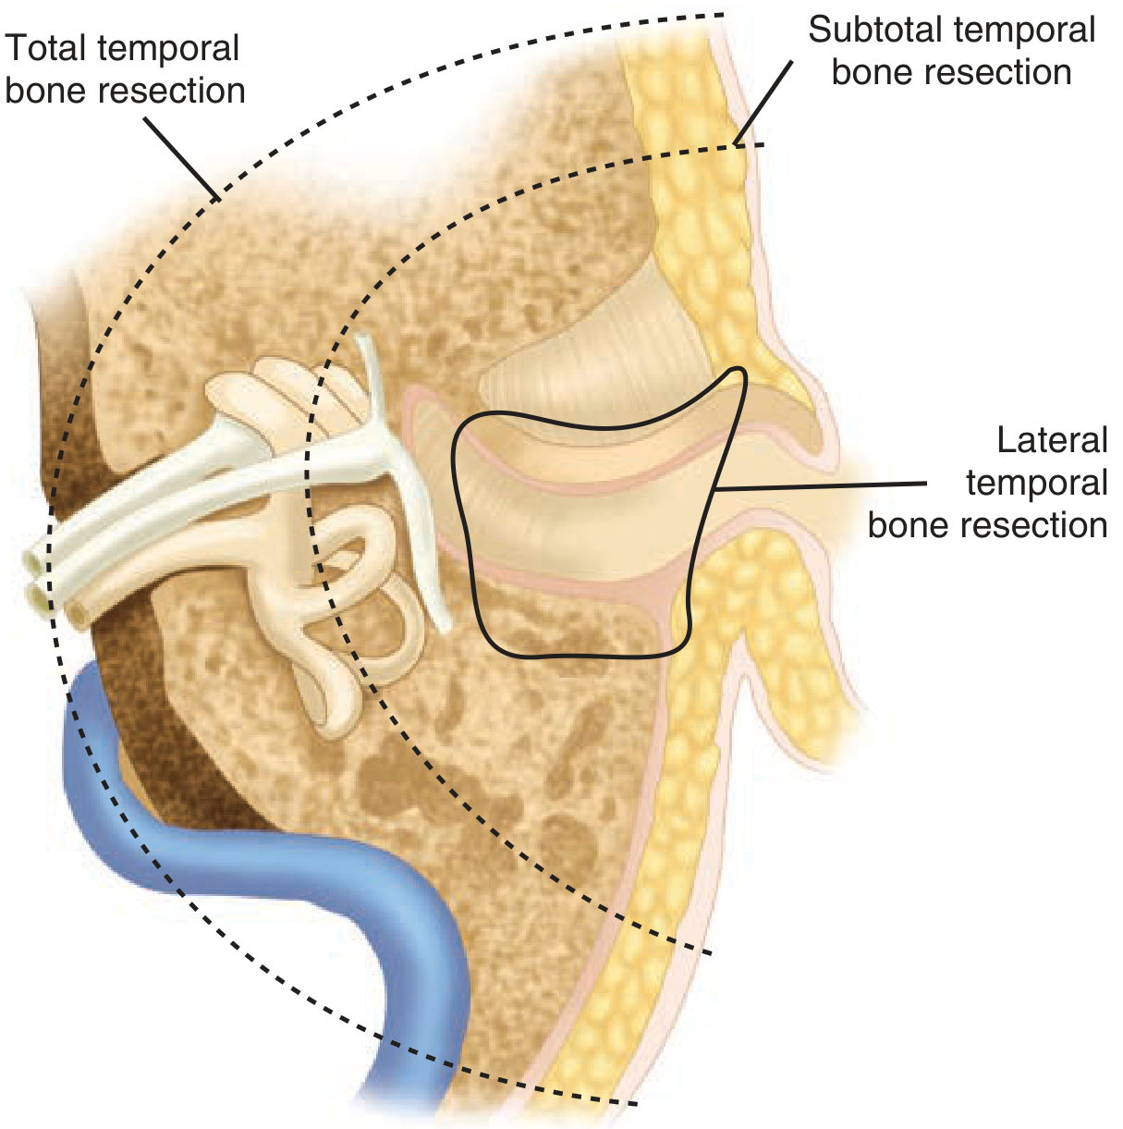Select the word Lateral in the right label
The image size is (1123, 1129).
(1052, 440)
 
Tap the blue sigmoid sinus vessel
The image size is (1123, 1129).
(277, 860)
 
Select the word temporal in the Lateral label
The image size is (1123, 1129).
(1036, 483)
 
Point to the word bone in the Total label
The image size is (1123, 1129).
(42, 92)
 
